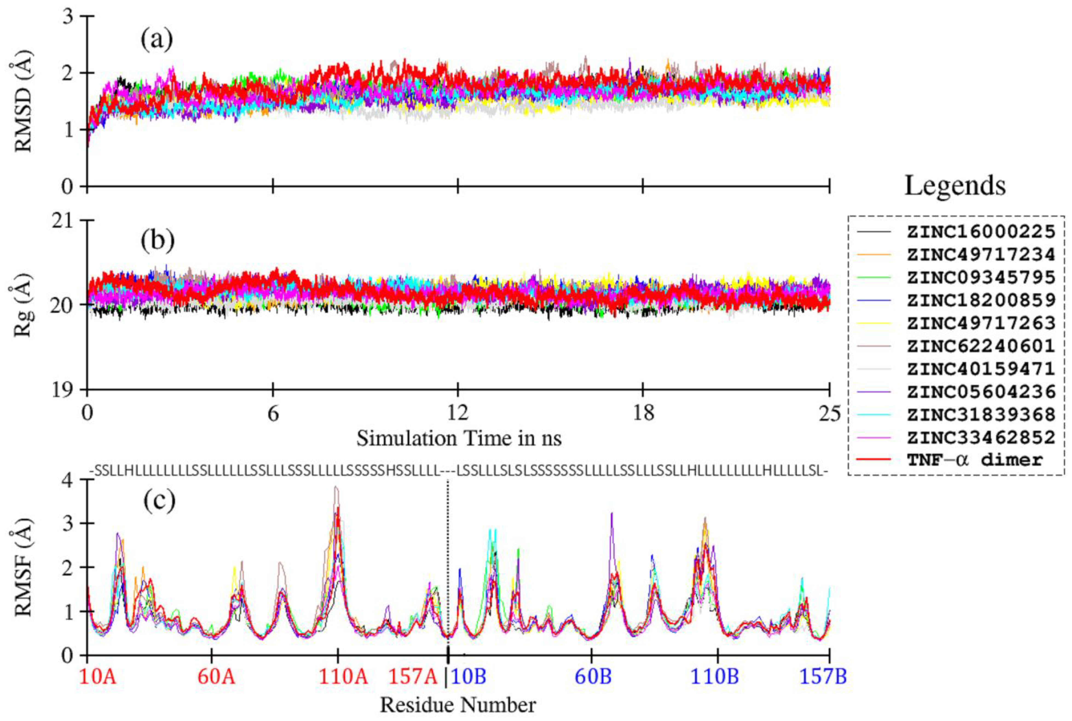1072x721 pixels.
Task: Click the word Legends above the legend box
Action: click(x=955, y=186)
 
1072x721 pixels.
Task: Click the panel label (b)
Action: click(x=158, y=241)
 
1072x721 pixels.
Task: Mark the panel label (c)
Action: click(x=159, y=501)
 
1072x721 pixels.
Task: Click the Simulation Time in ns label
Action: click(x=458, y=438)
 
